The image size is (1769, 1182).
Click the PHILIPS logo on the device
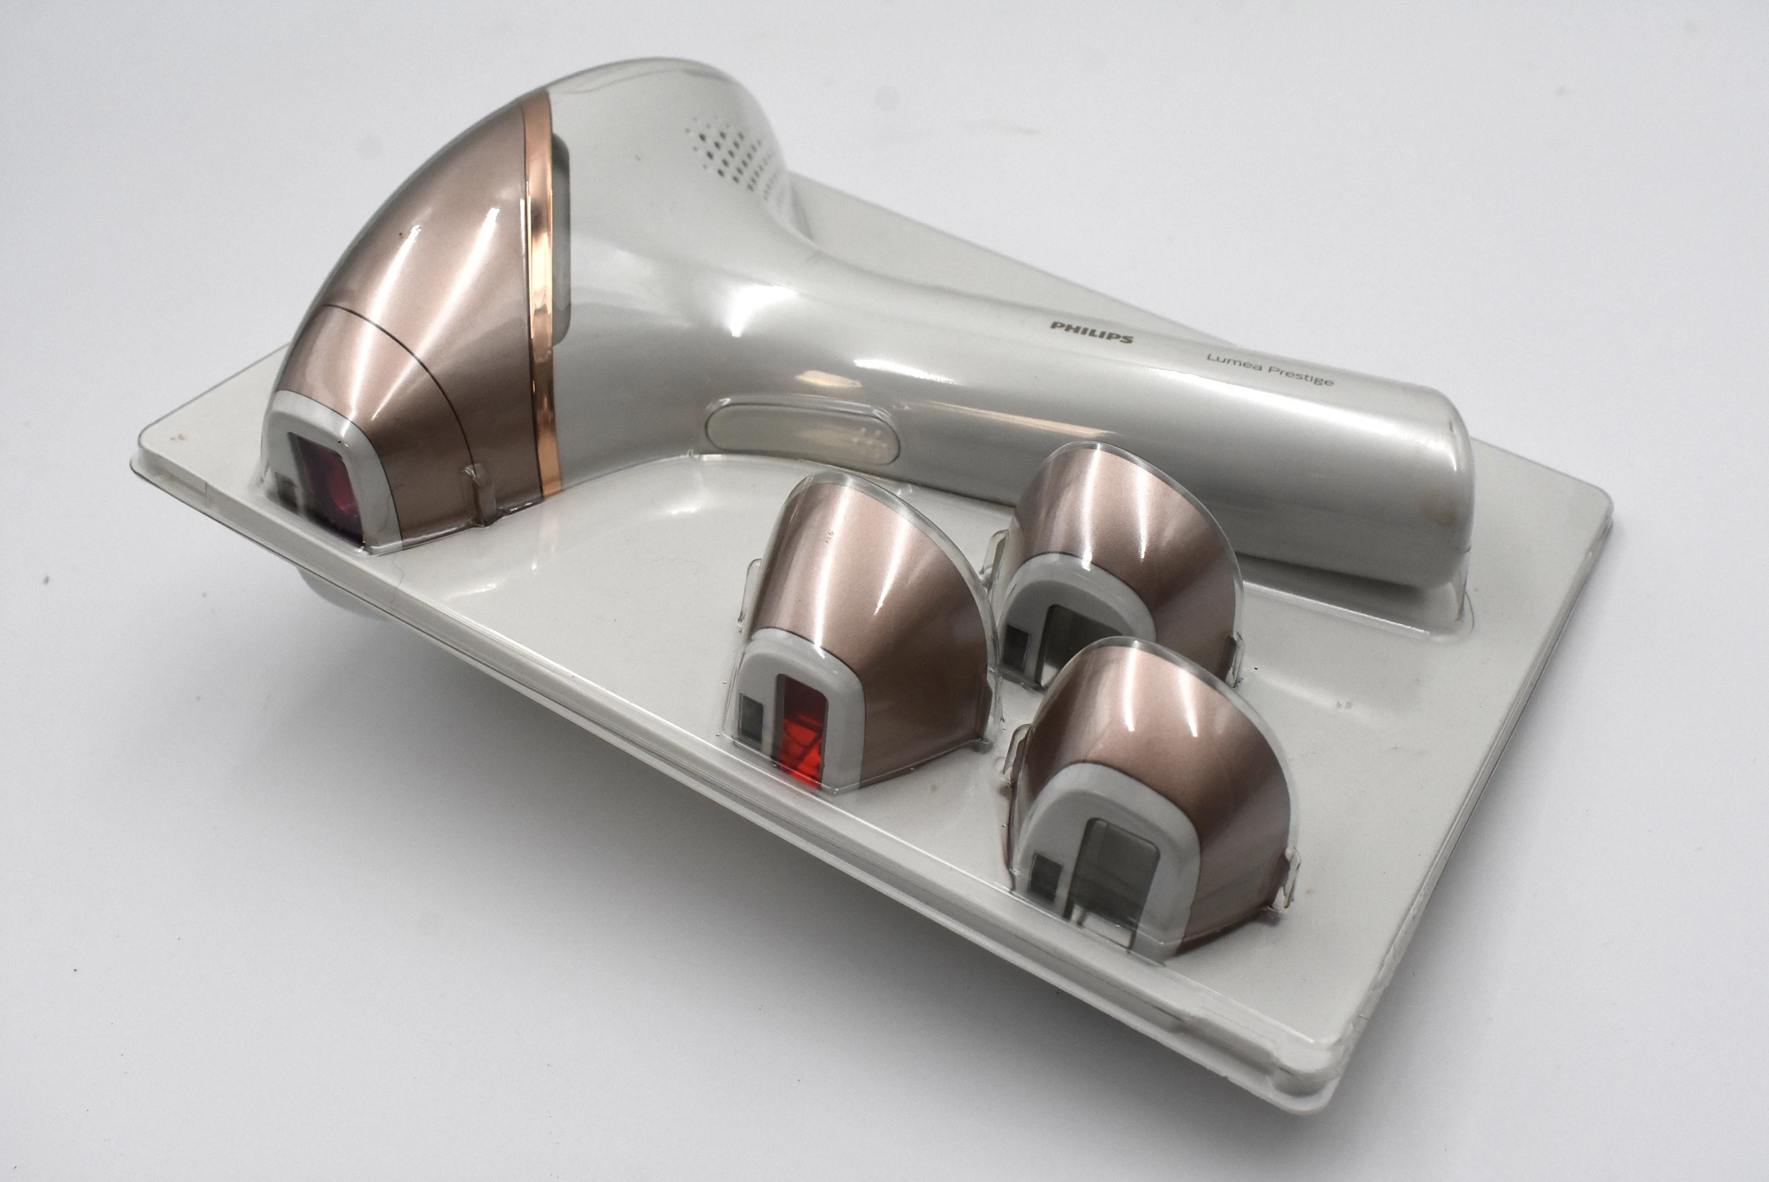coord(1091,332)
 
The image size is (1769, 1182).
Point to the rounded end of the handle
coord(1433,512)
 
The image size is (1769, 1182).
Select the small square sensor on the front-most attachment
coord(1044,878)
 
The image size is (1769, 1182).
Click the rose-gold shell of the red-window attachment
coord(874,603)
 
